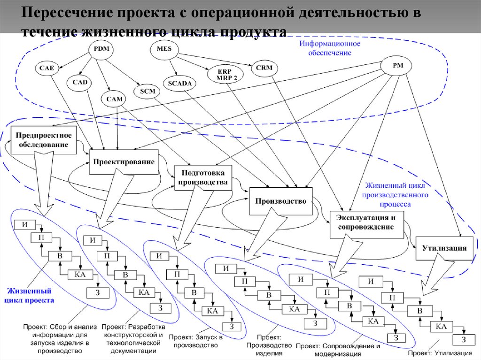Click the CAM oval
(x=114, y=99)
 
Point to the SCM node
(x=147, y=91)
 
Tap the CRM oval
(x=264, y=68)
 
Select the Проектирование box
(x=124, y=162)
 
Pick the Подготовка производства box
(x=203, y=177)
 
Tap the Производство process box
(x=280, y=201)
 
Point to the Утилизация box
(x=444, y=247)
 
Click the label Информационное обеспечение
(x=330, y=48)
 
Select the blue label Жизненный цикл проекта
(x=30, y=296)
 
